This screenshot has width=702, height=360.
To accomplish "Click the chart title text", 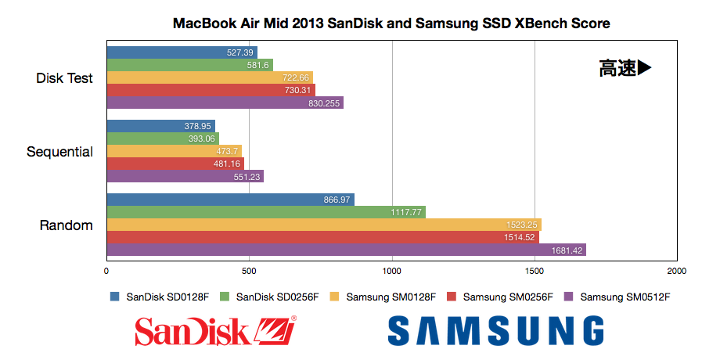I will tap(391, 23).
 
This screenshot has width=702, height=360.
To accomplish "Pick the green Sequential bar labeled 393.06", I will tap(163, 139).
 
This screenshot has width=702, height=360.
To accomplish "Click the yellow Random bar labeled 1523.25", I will tap(324, 225).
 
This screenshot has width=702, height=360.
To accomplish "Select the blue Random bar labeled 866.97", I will tap(230, 200).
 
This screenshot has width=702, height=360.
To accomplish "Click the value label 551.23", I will tap(245, 177).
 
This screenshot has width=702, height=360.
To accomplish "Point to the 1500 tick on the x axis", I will tap(535, 272).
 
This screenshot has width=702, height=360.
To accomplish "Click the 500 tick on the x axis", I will tap(249, 272).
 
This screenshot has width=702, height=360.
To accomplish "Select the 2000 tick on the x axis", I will tap(677, 272).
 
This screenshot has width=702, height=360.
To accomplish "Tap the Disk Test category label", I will tap(64, 78).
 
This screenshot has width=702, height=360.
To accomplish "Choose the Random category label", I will tap(67, 226).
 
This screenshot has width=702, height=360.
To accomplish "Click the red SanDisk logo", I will tap(215, 330).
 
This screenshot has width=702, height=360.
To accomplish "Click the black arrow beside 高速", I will tap(644, 69).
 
